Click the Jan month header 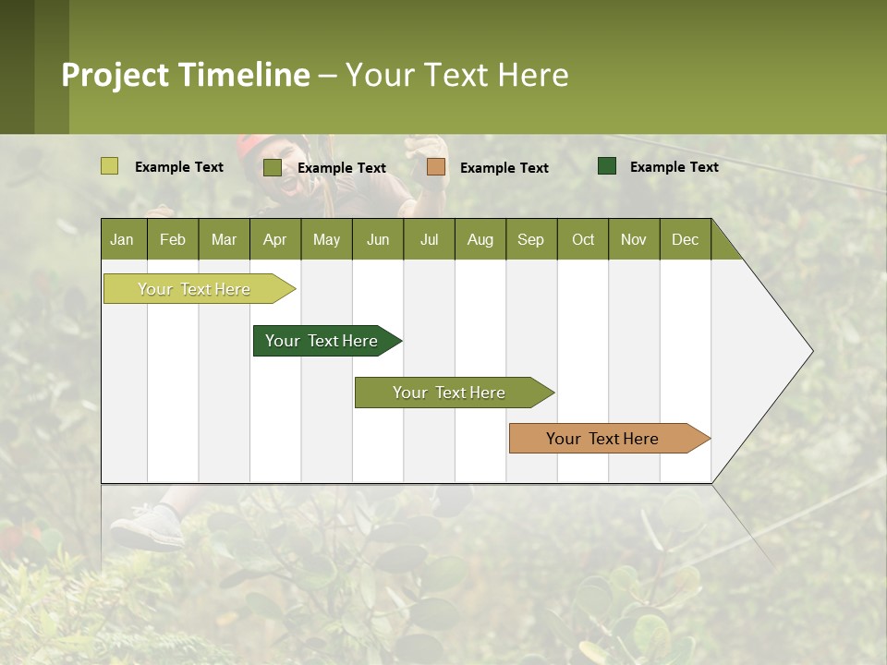[x=123, y=239]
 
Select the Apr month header [x=275, y=239]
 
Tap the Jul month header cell [x=429, y=239]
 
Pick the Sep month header [x=531, y=239]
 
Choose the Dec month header [x=685, y=239]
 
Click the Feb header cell [x=173, y=239]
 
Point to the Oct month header [x=583, y=239]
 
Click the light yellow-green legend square [x=109, y=166]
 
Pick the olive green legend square [x=272, y=167]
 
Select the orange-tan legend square [x=436, y=167]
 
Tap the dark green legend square [x=607, y=166]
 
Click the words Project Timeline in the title [x=185, y=75]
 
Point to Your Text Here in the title [x=457, y=75]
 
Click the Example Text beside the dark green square [x=674, y=166]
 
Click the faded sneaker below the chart [x=147, y=528]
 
